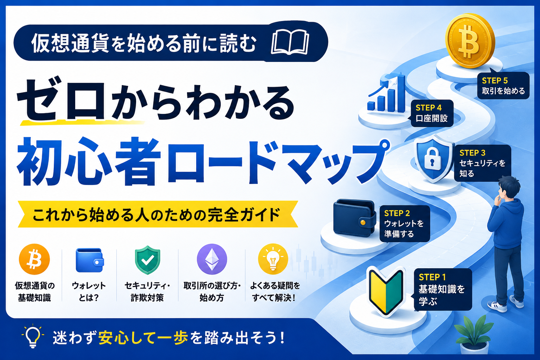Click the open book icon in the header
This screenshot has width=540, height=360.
(290, 42)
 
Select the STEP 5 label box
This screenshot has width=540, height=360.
(503, 85)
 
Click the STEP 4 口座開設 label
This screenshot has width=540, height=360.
(432, 113)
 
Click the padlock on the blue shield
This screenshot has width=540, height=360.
(433, 159)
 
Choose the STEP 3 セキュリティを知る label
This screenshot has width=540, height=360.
(482, 163)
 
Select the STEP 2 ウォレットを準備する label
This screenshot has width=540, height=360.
(405, 224)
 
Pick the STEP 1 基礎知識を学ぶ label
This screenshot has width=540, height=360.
(443, 289)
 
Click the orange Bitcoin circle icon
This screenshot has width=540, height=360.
(34, 259)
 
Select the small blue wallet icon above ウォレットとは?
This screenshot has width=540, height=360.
(90, 260)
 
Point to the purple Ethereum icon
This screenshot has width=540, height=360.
(212, 259)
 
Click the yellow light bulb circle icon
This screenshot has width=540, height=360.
(273, 259)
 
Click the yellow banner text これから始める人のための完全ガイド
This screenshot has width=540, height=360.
(157, 214)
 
